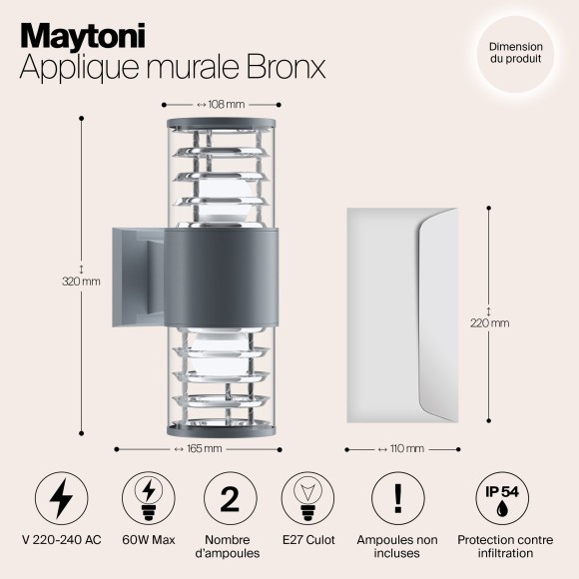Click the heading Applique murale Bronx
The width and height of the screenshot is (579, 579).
(x=174, y=68)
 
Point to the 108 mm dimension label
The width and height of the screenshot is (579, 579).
(x=221, y=103)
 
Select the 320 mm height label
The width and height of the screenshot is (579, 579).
(x=81, y=281)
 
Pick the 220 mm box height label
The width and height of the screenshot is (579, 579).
(x=489, y=322)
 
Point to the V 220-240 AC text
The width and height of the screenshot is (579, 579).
(x=62, y=540)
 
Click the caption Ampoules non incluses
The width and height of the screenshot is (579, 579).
(x=397, y=546)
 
